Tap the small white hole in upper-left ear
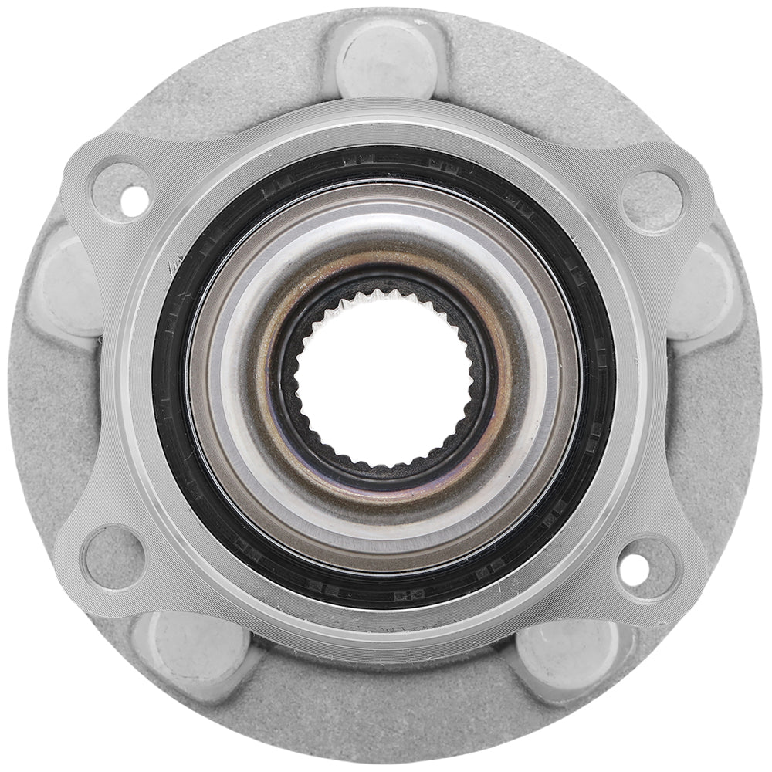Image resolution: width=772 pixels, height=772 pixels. click(x=134, y=200)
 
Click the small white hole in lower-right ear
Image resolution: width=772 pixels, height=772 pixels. click(x=631, y=570)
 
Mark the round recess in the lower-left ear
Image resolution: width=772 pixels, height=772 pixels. click(x=114, y=557)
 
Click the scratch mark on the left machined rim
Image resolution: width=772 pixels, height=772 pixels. click(x=171, y=268)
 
